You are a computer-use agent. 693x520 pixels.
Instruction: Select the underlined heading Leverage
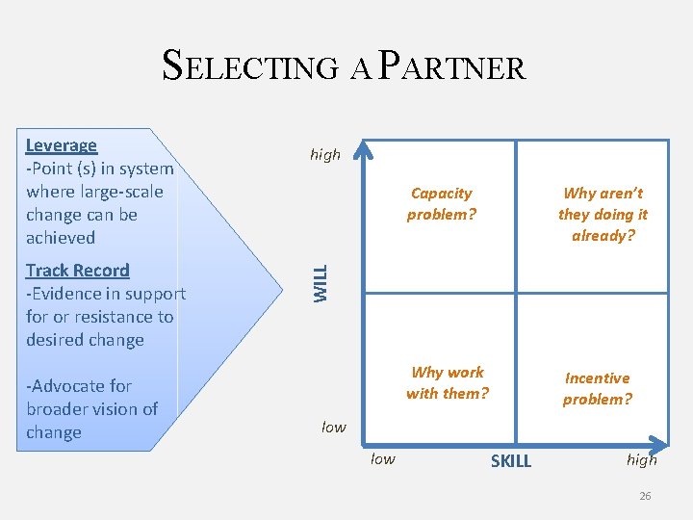(x=62, y=145)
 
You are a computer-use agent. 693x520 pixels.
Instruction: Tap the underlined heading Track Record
(x=77, y=271)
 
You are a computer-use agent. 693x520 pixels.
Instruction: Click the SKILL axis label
(x=510, y=461)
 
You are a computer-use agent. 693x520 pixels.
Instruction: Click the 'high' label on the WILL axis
(x=325, y=154)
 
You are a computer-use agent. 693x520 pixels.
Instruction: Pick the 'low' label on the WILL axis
(x=333, y=427)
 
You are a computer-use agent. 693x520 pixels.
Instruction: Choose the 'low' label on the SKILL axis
(x=383, y=458)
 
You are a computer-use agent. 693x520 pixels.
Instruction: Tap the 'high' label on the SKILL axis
(x=642, y=459)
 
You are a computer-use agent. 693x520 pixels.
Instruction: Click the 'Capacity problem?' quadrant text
(x=442, y=204)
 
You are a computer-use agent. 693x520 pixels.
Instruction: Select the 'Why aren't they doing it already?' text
(x=603, y=214)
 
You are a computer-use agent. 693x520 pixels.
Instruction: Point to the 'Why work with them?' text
(x=448, y=382)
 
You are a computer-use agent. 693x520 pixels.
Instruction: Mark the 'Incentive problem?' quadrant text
(x=598, y=388)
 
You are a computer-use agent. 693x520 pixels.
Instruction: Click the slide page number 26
(x=645, y=496)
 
